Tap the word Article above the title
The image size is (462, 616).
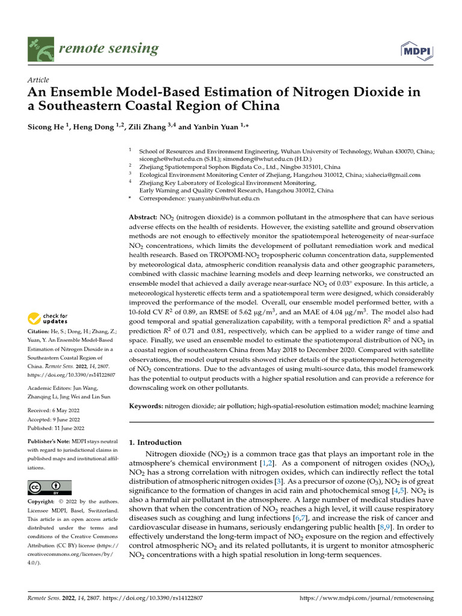point(38,80)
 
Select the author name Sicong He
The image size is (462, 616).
point(48,127)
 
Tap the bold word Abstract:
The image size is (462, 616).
point(143,217)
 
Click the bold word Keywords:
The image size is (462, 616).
point(146,407)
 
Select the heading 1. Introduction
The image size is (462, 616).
point(156,442)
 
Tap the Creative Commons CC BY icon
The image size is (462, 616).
point(49,487)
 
